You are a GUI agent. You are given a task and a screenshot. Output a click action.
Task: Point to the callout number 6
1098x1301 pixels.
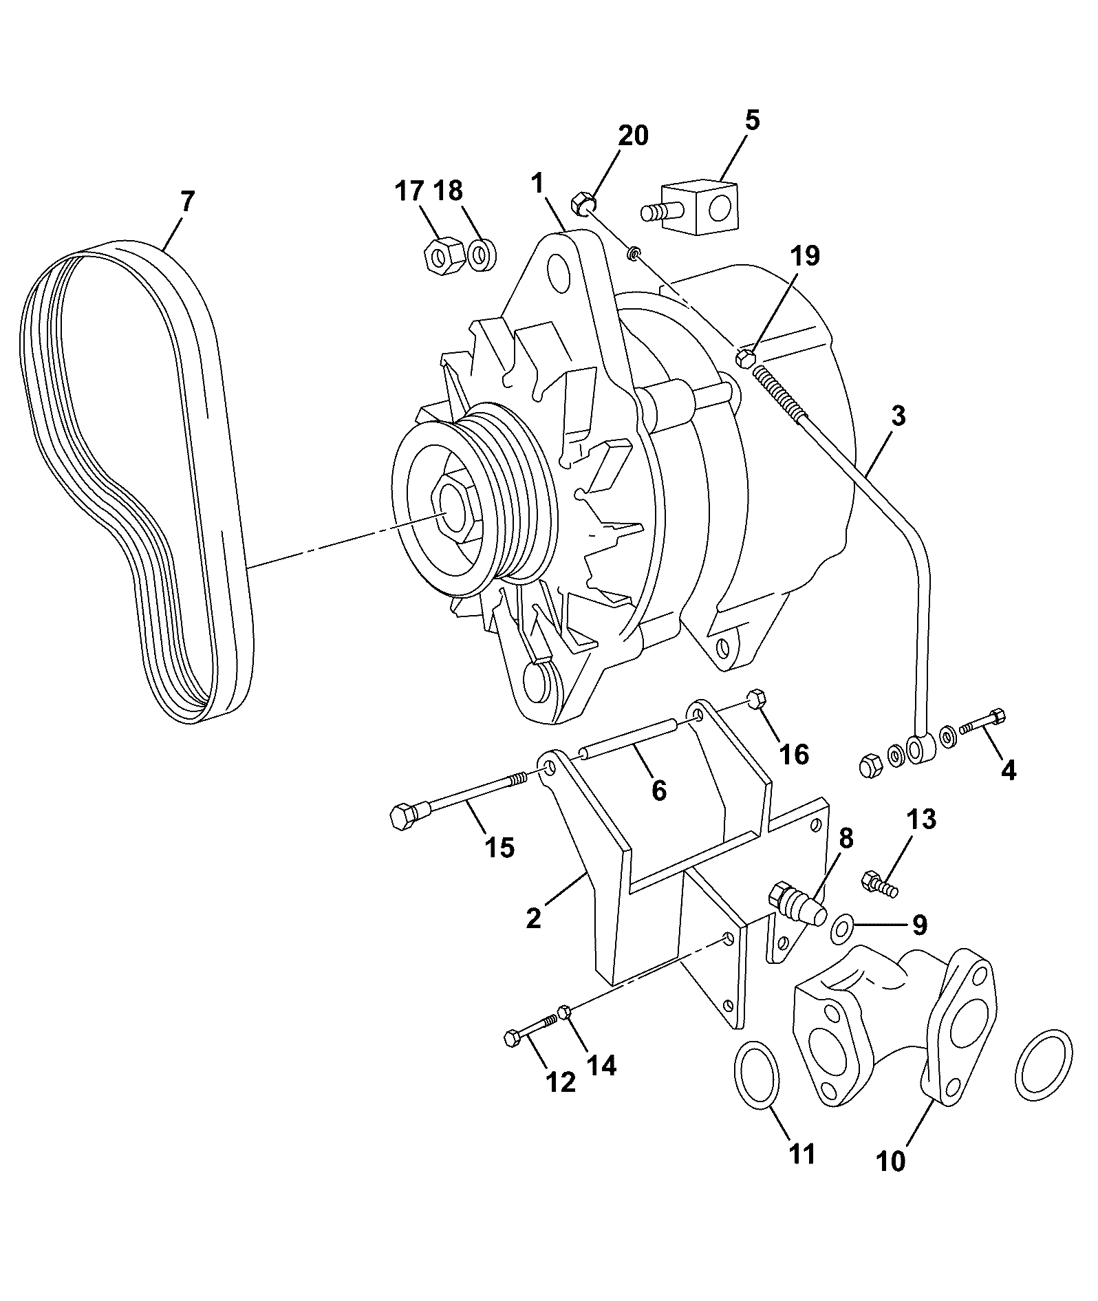(658, 791)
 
